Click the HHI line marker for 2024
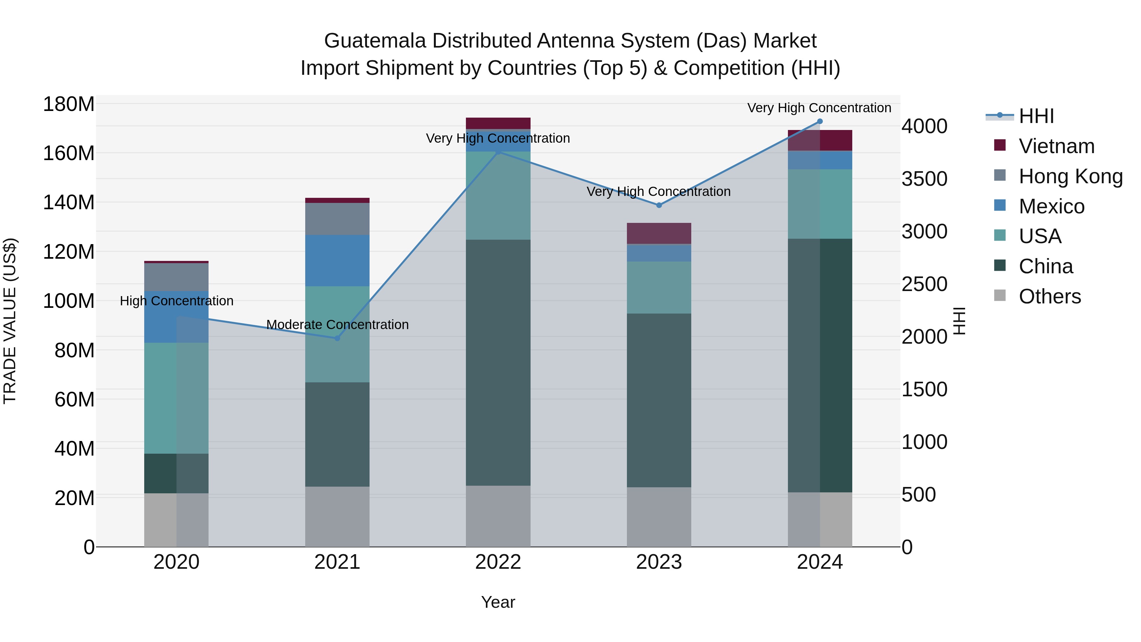(x=819, y=121)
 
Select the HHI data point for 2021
(x=337, y=338)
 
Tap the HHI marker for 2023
(x=659, y=205)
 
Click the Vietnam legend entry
(x=1056, y=146)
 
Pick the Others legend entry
(x=1049, y=296)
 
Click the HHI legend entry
(x=1036, y=116)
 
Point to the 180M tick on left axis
(x=69, y=105)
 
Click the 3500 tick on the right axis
(x=925, y=179)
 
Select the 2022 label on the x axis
(x=498, y=562)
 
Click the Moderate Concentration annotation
(x=338, y=325)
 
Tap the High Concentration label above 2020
(x=176, y=301)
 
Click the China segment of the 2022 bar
(x=498, y=362)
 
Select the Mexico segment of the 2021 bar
(x=337, y=261)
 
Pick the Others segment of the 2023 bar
(x=659, y=517)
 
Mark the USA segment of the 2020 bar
(x=176, y=398)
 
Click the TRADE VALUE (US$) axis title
(x=10, y=321)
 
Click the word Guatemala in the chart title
(x=375, y=41)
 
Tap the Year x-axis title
(x=498, y=602)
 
